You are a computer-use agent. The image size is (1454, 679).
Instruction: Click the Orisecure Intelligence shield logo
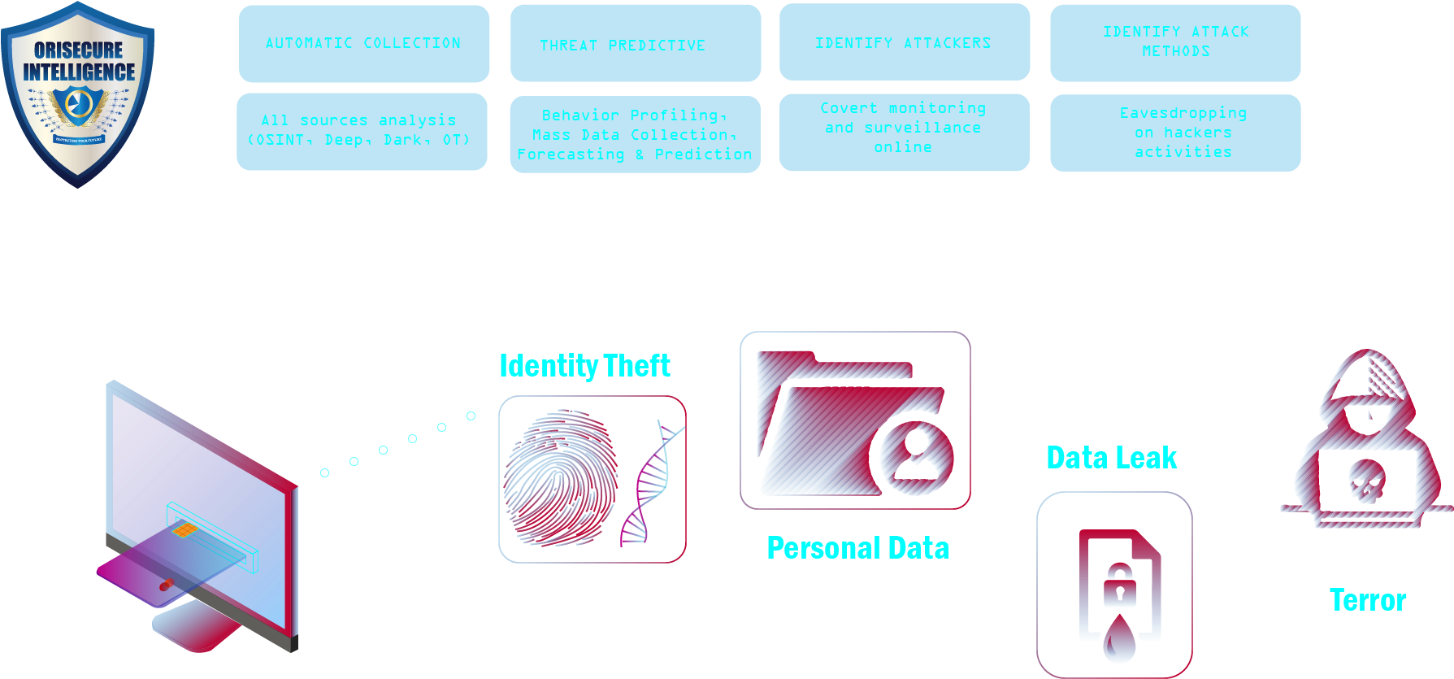(77, 93)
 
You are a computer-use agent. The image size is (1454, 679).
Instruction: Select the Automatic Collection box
(364, 43)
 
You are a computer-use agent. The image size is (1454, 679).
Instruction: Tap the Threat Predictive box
(636, 44)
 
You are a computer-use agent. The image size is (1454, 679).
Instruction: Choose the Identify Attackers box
(905, 42)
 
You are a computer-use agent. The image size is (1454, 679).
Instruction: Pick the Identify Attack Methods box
(1175, 42)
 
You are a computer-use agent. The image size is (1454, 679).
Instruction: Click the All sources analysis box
(362, 132)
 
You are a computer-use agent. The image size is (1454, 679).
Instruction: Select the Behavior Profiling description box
(635, 134)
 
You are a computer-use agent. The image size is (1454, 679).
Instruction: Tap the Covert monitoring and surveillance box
(904, 132)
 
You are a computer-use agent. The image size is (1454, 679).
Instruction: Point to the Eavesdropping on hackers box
(1175, 133)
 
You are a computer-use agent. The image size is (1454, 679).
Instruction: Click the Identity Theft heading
(584, 366)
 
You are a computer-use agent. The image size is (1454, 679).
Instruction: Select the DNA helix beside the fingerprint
(650, 484)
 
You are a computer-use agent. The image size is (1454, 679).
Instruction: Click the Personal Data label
(857, 548)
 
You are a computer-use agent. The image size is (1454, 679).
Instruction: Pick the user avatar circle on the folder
(916, 455)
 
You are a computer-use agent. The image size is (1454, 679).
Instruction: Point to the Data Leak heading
(1111, 458)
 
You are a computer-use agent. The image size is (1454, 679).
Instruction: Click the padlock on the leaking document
(1119, 585)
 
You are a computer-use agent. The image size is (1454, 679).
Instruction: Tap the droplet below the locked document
(1119, 640)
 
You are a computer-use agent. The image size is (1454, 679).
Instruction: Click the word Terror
(1368, 600)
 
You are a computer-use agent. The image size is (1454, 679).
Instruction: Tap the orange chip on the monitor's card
(184, 531)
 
